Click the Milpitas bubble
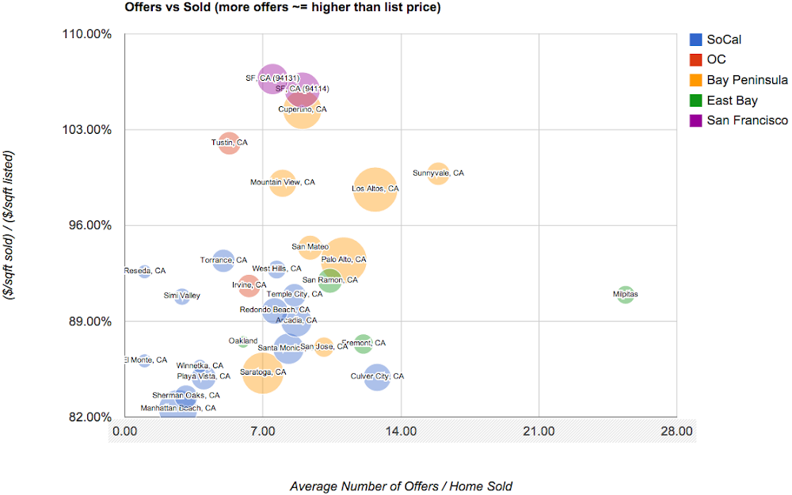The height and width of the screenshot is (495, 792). click(626, 295)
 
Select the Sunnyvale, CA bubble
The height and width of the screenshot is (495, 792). click(438, 173)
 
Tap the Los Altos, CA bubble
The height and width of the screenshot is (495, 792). click(375, 189)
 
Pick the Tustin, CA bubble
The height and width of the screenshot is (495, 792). click(229, 143)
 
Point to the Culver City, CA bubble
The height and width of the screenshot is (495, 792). click(377, 377)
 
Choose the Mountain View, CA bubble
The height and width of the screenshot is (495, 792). click(282, 183)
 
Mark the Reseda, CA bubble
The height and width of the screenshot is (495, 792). click(144, 272)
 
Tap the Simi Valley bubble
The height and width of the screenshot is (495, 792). click(182, 296)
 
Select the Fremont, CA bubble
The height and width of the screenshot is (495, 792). click(364, 343)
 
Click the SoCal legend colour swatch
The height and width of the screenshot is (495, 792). click(696, 39)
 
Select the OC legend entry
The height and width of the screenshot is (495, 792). click(716, 59)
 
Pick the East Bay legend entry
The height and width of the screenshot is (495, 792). click(732, 101)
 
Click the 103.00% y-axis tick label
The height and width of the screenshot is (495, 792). click(89, 130)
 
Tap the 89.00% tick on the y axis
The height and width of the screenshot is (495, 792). click(91, 322)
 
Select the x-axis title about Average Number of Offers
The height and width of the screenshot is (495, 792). click(401, 485)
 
